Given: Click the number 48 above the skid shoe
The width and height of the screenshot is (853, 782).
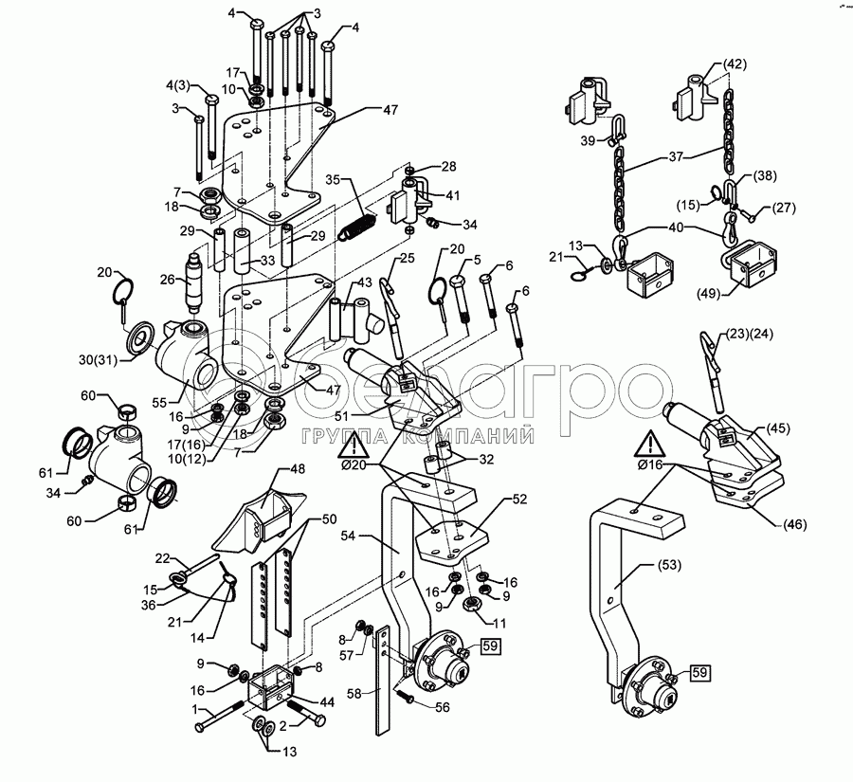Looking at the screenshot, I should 298,469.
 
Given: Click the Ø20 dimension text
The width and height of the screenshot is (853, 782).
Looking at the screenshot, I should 354,465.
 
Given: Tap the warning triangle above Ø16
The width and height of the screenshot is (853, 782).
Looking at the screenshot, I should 650,443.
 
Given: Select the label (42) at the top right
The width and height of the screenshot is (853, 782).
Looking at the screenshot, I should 735,64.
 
